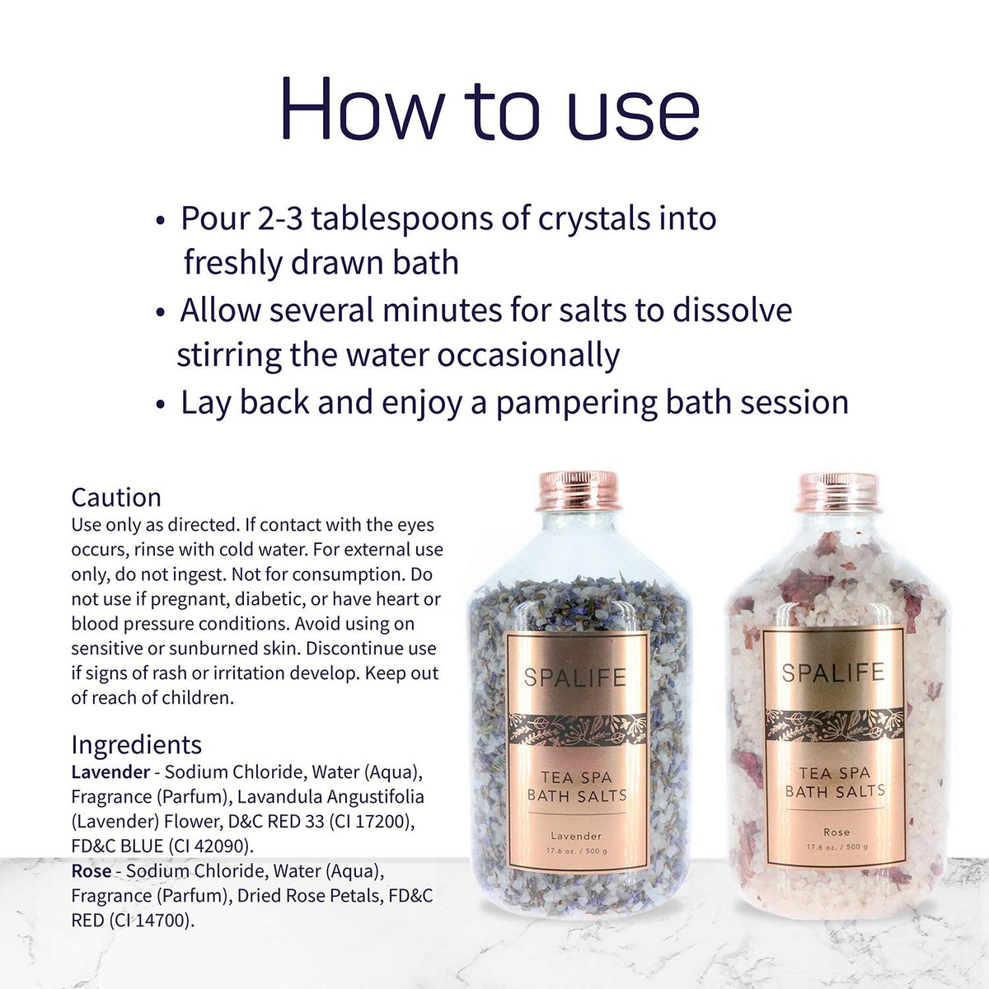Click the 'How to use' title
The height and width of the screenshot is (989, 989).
[490, 109]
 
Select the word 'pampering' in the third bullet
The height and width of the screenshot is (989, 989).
[576, 403]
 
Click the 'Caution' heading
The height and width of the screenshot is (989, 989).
[116, 497]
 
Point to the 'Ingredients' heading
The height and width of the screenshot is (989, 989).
[137, 745]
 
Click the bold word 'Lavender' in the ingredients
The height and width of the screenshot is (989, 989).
[111, 772]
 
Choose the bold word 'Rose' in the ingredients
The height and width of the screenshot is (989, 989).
[91, 871]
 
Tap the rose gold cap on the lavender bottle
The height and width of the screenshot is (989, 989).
[579, 490]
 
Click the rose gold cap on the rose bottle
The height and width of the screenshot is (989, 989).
[838, 493]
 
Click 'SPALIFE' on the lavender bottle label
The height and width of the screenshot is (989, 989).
[574, 677]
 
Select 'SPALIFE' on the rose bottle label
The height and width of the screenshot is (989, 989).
[833, 673]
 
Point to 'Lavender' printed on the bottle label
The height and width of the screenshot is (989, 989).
[576, 836]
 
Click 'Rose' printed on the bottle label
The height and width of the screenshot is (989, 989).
[837, 832]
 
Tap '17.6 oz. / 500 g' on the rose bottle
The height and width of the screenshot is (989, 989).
[837, 847]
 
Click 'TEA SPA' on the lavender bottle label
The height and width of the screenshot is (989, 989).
[576, 777]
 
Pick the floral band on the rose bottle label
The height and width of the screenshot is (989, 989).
[835, 726]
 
